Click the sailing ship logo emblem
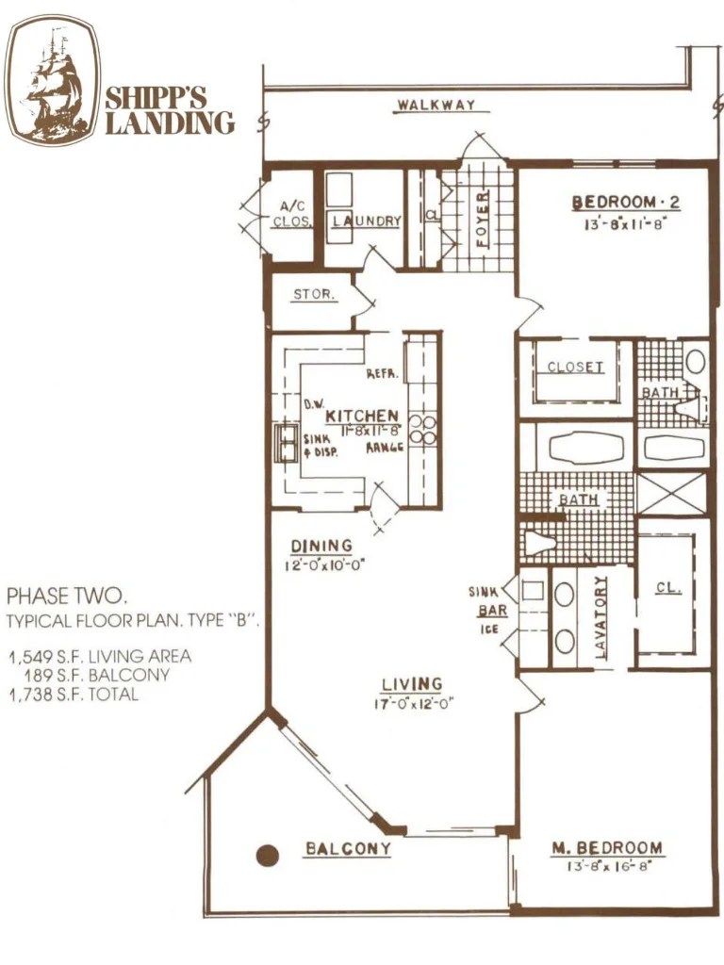(x=53, y=80)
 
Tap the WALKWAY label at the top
(x=436, y=105)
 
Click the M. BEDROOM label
(x=606, y=848)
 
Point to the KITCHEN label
(x=361, y=416)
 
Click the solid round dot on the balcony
(x=269, y=855)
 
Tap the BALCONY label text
(x=348, y=849)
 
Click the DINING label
(x=321, y=546)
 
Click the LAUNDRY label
(x=365, y=221)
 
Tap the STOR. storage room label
(x=313, y=294)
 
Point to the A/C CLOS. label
(x=290, y=215)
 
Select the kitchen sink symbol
(x=286, y=443)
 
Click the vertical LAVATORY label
(x=601, y=617)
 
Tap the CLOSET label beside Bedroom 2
(x=574, y=367)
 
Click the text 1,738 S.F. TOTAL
(x=74, y=695)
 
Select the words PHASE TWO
(x=66, y=596)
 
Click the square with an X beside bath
(x=671, y=493)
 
